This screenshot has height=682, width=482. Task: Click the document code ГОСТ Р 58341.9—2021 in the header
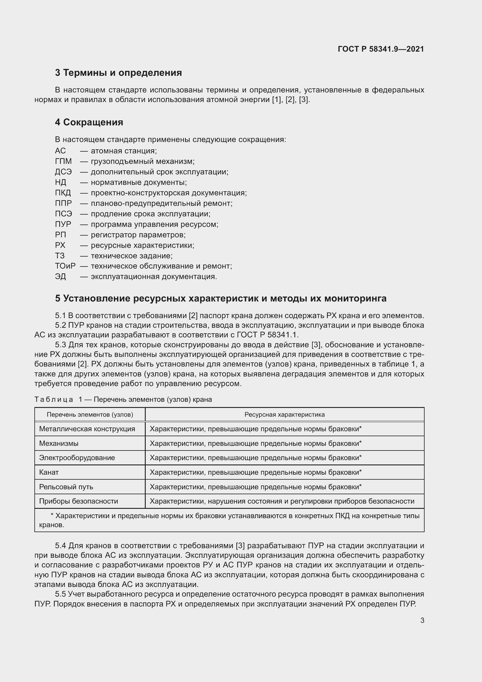[x=381, y=49]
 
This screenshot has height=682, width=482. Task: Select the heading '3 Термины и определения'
[x=118, y=73]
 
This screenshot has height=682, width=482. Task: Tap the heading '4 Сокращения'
[x=89, y=122]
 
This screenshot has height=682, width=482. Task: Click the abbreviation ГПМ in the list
[x=63, y=162]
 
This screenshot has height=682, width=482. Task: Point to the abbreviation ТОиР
[x=65, y=266]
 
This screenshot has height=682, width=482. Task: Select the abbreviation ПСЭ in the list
[x=63, y=214]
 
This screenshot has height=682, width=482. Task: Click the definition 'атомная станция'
[x=124, y=151]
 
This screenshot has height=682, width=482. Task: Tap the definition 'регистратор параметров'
[x=138, y=235]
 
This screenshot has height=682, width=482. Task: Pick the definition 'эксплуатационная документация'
[x=154, y=277]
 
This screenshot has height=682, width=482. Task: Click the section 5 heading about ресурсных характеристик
[x=221, y=299]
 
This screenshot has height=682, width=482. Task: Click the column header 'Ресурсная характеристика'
[x=284, y=415]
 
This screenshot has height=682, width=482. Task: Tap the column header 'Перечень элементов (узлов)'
[x=90, y=415]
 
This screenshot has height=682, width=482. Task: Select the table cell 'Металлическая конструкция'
[x=87, y=429]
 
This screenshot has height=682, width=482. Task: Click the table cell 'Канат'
[x=49, y=472]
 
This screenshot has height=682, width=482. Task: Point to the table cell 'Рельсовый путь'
[x=66, y=487]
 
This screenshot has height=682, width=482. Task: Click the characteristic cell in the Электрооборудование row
[x=255, y=458]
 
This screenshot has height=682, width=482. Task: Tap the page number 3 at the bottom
[x=422, y=620]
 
